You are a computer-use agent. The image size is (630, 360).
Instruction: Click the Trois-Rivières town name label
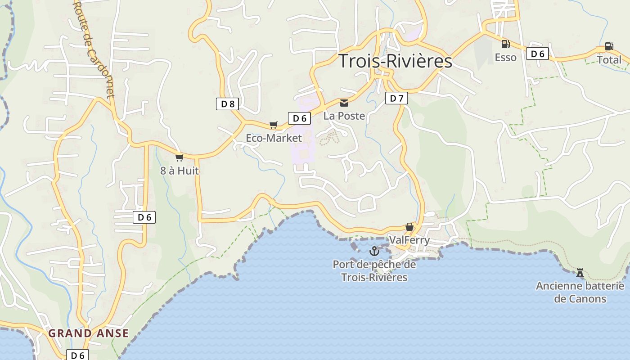click(395, 61)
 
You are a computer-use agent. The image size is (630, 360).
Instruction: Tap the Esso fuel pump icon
click(505, 44)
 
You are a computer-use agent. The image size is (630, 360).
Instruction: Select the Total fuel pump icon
click(608, 46)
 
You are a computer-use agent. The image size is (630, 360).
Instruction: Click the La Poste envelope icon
click(344, 103)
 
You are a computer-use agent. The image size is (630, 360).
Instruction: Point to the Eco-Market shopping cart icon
click(274, 125)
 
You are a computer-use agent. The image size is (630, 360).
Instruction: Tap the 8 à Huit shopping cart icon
click(180, 157)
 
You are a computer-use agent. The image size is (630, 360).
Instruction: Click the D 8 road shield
click(227, 104)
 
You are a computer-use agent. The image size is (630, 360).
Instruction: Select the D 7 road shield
click(396, 98)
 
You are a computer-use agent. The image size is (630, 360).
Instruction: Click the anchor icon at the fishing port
click(374, 251)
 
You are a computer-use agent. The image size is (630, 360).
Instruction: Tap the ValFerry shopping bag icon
click(409, 227)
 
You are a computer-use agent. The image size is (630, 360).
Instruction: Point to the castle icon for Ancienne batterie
click(580, 273)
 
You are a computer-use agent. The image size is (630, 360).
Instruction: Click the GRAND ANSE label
click(88, 333)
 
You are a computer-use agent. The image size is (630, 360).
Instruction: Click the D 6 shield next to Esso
click(537, 54)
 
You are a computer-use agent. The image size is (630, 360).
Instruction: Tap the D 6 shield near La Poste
click(299, 118)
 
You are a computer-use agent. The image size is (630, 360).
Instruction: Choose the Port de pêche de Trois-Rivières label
click(374, 271)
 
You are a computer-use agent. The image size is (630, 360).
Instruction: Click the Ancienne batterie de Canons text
click(580, 292)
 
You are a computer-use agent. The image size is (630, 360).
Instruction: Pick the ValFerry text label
click(409, 240)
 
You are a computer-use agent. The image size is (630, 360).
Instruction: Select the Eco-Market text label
click(274, 138)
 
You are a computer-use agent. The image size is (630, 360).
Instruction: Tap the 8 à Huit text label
click(180, 171)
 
